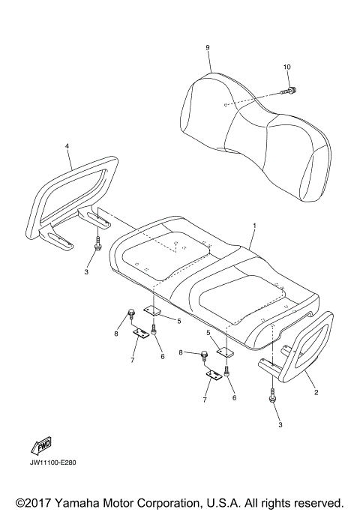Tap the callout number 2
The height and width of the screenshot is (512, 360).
click(316, 391)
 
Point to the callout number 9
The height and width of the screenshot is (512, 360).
click(207, 48)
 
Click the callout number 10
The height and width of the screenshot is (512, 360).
click(286, 67)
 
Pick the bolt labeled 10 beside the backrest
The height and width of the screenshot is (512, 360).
click(289, 91)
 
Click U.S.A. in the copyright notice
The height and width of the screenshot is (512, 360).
click(241, 502)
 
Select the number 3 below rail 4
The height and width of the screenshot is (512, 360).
click(86, 271)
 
